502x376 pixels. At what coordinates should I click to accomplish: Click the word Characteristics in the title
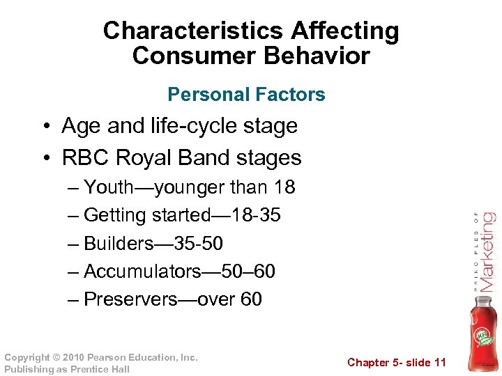(192, 31)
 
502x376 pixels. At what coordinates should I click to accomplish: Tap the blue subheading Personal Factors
(247, 95)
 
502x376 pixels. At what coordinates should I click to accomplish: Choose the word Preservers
(130, 299)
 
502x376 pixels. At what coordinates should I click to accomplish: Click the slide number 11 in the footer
(439, 362)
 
